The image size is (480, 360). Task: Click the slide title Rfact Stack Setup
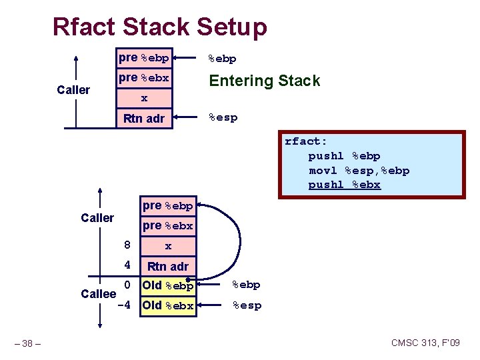tap(160, 27)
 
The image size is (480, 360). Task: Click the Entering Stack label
tap(264, 81)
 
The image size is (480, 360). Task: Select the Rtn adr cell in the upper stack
tap(144, 119)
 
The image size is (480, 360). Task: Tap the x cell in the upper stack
tap(144, 99)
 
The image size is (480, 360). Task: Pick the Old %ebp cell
tap(167, 286)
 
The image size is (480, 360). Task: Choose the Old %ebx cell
tap(167, 306)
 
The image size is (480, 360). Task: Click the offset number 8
tap(125, 245)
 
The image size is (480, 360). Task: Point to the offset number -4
tap(123, 306)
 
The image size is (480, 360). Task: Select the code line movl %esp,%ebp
tap(359, 171)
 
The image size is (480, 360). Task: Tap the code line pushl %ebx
tap(344, 185)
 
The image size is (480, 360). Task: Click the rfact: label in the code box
tap(306, 141)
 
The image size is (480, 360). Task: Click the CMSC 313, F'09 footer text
tap(425, 343)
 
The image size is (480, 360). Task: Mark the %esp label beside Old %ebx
tap(246, 305)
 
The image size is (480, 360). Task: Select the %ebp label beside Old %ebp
tap(246, 285)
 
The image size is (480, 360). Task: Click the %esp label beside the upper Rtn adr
tap(223, 118)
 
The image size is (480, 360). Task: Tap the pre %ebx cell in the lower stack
tap(167, 225)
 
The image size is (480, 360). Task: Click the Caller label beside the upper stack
tap(73, 90)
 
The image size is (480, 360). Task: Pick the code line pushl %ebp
tap(344, 156)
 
